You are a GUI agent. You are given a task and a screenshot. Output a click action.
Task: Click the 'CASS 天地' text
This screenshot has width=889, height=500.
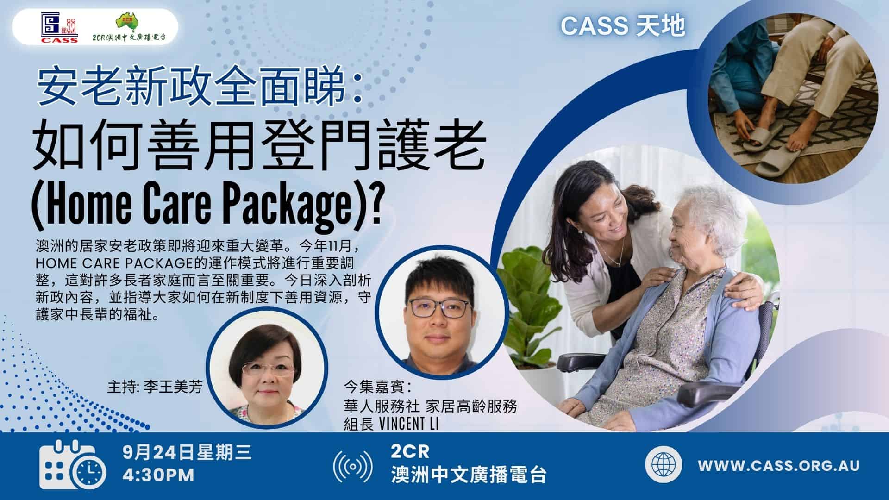tap(623, 27)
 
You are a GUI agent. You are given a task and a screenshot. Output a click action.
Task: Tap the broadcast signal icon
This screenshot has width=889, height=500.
tap(353, 467)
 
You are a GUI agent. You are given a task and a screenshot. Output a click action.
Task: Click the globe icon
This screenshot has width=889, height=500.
tap(664, 465)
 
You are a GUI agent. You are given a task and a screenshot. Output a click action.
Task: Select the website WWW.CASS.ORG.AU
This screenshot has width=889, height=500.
tap(779, 465)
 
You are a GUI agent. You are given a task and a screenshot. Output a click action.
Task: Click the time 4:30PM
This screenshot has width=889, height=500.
tap(159, 476)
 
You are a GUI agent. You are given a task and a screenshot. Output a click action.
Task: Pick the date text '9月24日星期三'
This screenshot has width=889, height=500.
tap(188, 452)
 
